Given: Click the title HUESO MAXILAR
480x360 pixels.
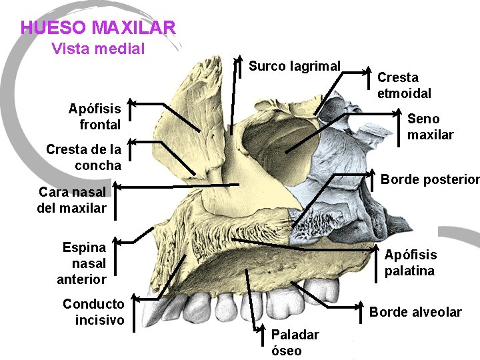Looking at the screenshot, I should (x=98, y=28).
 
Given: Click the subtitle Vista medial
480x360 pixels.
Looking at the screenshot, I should (x=98, y=49).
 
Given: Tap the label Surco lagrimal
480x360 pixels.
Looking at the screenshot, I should (x=295, y=66).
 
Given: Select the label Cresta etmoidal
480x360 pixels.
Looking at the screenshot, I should (x=404, y=85).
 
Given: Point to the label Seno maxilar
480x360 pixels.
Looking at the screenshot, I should (x=430, y=127).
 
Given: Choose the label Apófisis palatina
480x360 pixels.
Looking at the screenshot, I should (x=410, y=263).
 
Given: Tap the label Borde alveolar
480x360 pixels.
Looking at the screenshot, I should (x=415, y=312).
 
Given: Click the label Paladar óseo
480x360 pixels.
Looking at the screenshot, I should (x=295, y=342).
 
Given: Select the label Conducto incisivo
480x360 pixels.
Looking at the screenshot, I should (x=93, y=312).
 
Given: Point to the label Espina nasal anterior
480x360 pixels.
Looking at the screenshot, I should (x=83, y=263).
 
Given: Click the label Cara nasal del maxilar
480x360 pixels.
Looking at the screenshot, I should (x=72, y=200).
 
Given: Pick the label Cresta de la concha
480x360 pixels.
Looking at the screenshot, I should (x=84, y=157).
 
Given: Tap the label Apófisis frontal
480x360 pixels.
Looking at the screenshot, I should (x=95, y=117).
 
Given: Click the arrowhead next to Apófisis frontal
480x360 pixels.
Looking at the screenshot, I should (x=131, y=103).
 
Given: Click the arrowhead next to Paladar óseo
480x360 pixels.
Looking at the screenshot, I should (x=259, y=329).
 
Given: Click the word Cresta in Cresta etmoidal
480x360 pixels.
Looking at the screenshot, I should (x=398, y=77).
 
